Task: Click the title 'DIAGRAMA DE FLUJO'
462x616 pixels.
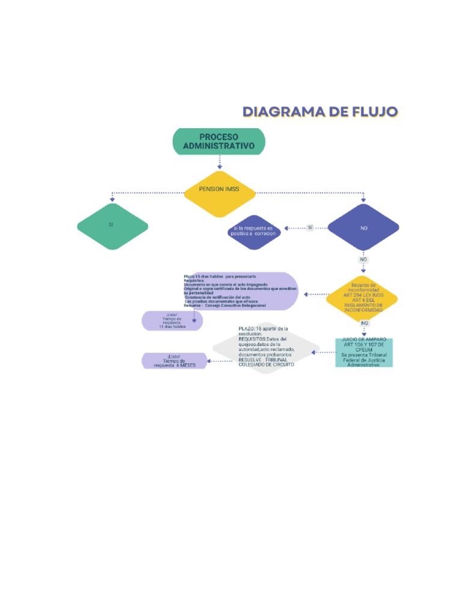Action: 320,112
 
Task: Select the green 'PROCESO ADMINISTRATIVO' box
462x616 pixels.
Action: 218,141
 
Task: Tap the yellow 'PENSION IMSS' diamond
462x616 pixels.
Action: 219,189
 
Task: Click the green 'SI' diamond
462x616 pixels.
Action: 112,226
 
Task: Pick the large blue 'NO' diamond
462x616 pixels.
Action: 363,228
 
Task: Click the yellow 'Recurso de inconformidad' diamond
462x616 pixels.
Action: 363,295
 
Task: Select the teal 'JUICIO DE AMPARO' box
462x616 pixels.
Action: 363,353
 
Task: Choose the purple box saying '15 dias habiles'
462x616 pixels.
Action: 171,321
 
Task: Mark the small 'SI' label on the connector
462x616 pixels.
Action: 310,228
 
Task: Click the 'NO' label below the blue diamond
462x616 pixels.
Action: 363,260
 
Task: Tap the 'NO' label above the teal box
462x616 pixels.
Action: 364,323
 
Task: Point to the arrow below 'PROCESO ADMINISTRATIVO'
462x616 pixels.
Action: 220,162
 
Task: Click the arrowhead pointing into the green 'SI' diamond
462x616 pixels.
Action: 112,200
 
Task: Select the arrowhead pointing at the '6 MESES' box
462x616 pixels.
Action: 208,361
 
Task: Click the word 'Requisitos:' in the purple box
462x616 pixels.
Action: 194,280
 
